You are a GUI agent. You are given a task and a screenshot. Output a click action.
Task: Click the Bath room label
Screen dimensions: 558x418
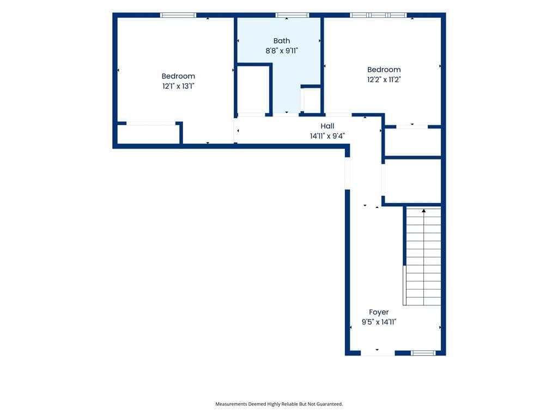click(282, 41)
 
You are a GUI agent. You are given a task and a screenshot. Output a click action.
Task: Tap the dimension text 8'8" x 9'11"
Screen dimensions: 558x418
click(282, 51)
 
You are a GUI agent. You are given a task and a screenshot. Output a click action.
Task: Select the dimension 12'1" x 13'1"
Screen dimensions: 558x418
click(178, 86)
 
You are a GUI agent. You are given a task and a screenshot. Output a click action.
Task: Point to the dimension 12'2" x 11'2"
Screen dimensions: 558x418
click(384, 79)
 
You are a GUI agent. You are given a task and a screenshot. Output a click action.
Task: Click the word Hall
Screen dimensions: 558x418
click(327, 126)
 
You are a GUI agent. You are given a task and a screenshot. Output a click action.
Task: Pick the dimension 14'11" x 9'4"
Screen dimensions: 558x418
click(327, 136)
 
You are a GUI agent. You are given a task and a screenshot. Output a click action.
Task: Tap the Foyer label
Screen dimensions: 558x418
click(379, 312)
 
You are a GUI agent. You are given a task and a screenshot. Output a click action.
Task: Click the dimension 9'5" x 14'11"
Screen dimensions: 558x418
click(379, 322)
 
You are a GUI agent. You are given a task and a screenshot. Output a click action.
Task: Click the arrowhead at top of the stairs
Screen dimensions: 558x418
click(424, 211)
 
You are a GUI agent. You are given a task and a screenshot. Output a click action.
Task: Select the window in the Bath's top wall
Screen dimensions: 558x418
click(292, 15)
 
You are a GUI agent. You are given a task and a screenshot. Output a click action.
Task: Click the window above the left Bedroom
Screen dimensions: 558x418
click(178, 15)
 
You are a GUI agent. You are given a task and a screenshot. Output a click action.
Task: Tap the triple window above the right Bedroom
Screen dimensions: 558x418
click(378, 15)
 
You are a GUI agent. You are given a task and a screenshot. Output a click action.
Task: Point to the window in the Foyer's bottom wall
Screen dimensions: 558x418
click(423, 353)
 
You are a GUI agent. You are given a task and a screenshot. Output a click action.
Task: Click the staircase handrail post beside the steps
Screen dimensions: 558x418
click(405, 285)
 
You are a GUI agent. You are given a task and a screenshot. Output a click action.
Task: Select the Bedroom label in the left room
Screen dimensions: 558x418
click(178, 76)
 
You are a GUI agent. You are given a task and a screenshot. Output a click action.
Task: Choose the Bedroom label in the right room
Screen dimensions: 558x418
click(384, 70)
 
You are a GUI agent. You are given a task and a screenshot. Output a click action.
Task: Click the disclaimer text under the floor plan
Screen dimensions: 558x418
click(279, 404)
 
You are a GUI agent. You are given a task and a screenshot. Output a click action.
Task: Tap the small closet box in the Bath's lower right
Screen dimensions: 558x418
click(312, 101)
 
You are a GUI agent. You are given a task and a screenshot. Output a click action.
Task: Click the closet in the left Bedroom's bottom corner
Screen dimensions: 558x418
click(148, 134)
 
